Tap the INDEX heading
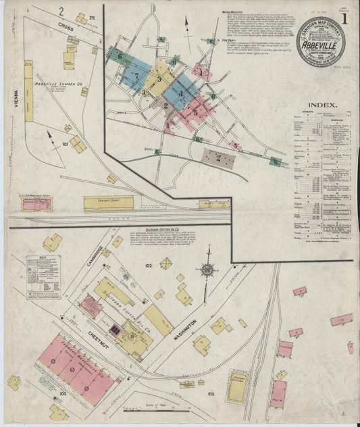pyautogui.click(x=323, y=105)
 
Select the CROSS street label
pyautogui.click(x=65, y=26)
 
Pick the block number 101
pyautogui.click(x=66, y=144)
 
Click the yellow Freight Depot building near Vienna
pyautogui.click(x=109, y=202)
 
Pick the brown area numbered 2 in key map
pyautogui.click(x=218, y=159)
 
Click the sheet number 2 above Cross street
pyautogui.click(x=61, y=11)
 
